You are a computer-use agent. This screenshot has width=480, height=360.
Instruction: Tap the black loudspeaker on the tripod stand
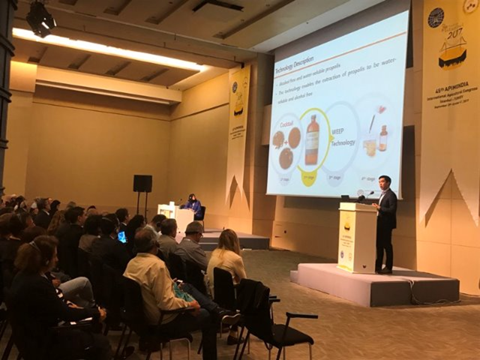(143, 183)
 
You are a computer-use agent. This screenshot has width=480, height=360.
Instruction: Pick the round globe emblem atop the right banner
(436, 17)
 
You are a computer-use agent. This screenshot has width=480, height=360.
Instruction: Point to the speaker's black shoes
(384, 271)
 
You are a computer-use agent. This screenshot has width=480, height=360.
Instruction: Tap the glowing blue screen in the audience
(122, 237)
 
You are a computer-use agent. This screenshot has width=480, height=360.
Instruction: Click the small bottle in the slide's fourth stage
(383, 139)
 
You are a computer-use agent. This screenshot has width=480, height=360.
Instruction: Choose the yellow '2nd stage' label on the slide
(308, 178)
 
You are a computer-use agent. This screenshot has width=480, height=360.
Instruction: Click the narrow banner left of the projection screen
(238, 120)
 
